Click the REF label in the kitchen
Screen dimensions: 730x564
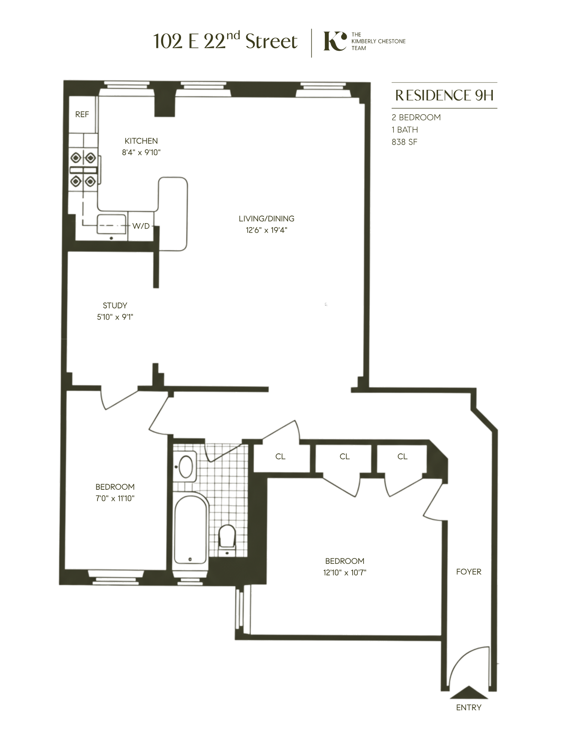82,114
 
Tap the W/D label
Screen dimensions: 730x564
141,226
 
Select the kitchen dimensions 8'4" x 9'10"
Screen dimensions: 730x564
141,152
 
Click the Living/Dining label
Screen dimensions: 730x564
266,218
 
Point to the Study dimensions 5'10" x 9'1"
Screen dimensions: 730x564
115,317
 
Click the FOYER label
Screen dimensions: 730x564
468,572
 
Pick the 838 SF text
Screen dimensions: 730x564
404,142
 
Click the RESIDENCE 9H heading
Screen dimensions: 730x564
444,95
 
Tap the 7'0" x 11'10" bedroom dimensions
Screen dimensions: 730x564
115,498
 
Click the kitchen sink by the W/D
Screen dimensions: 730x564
112,224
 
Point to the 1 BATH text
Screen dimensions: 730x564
404,130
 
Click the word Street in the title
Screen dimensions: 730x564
271,41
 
